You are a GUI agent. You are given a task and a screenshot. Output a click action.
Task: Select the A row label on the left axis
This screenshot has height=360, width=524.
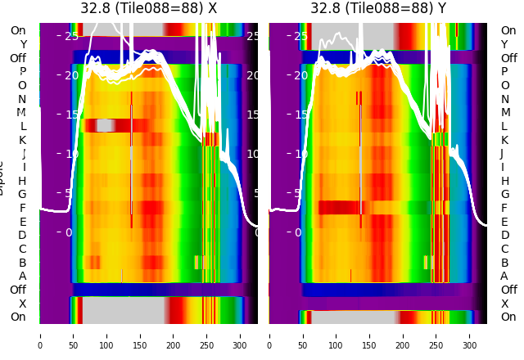click(x=22, y=276)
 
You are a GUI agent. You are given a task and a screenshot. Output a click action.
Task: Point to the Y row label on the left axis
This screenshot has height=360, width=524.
click(x=22, y=44)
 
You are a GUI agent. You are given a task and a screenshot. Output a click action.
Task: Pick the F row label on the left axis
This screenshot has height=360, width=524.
click(x=22, y=208)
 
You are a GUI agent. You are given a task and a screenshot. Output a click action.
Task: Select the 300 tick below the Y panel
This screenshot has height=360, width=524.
click(x=470, y=335)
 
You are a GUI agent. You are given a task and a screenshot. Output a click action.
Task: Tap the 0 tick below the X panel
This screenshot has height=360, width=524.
click(x=39, y=335)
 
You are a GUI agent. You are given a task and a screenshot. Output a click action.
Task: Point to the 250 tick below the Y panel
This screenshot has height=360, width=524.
click(x=436, y=335)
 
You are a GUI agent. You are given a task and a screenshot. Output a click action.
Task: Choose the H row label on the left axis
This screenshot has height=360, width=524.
click(x=22, y=181)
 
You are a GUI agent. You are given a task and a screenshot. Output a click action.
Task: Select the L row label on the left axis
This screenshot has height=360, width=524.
click(x=22, y=126)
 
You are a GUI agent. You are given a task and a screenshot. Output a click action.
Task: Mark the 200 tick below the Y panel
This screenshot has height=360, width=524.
click(x=403, y=335)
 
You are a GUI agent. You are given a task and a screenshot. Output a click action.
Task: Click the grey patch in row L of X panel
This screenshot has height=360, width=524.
click(x=105, y=125)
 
